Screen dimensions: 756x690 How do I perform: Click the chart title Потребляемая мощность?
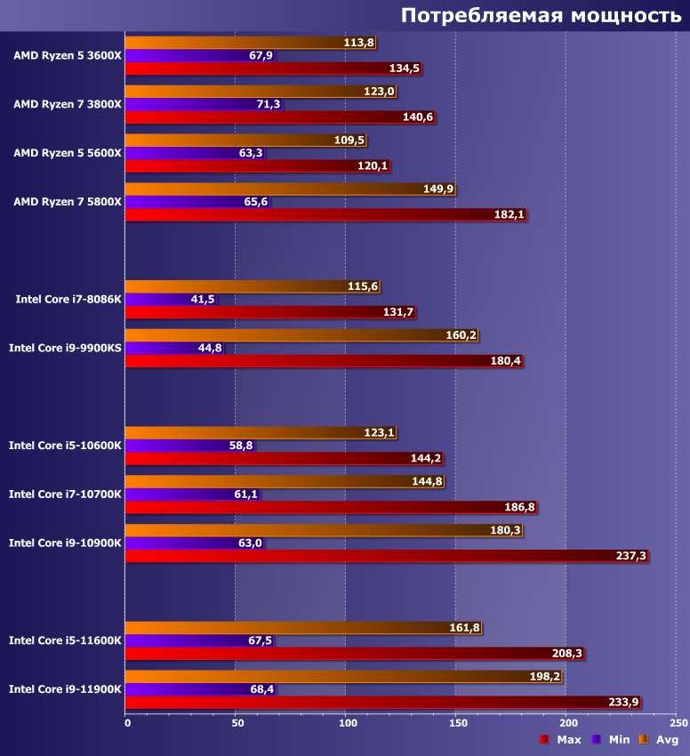[x=541, y=15]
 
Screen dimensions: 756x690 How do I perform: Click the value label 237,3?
[x=631, y=556]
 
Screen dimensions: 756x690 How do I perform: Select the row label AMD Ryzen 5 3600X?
[x=68, y=55]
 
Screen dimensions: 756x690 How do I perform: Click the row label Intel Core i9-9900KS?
[x=65, y=348]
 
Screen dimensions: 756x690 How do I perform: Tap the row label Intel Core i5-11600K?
[x=65, y=640]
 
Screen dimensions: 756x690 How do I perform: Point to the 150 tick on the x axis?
[x=456, y=723]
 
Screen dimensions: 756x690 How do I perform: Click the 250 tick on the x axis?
[x=677, y=723]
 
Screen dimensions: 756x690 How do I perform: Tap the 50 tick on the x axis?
[x=236, y=723]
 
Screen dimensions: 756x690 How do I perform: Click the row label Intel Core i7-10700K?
[x=65, y=495]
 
